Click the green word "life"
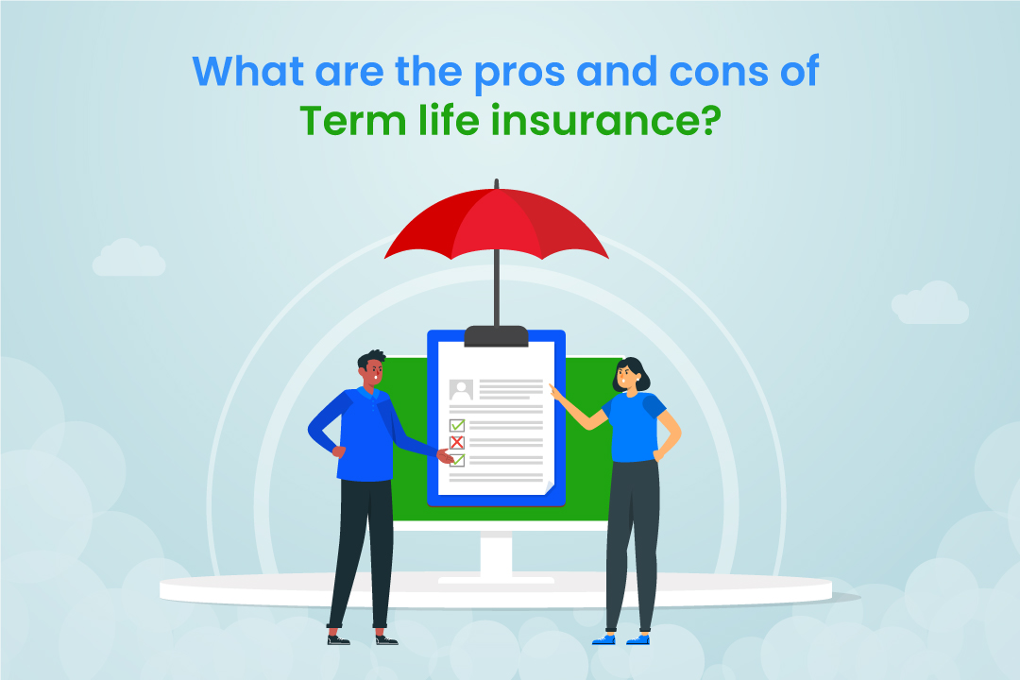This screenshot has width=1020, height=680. [x=464, y=124]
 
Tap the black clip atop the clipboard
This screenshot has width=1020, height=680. [x=496, y=335]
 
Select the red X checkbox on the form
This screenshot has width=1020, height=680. [x=457, y=442]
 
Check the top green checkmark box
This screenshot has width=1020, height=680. [x=457, y=425]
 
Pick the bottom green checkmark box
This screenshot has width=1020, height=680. [x=457, y=460]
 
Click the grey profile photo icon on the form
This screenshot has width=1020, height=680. [x=461, y=389]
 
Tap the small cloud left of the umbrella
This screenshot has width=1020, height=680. [x=128, y=258]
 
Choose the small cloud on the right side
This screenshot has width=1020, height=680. [x=929, y=303]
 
